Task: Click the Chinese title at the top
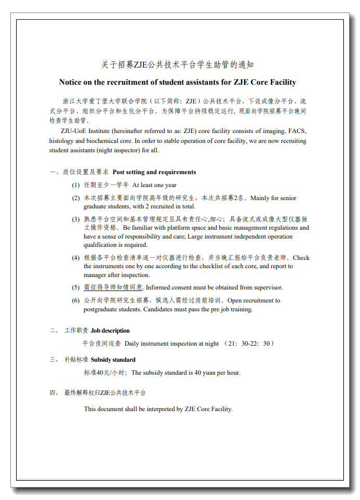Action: [x=178, y=65]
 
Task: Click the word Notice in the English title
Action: [x=71, y=82]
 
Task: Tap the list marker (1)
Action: [x=76, y=185]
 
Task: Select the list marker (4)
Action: [x=76, y=258]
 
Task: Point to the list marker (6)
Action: [x=76, y=300]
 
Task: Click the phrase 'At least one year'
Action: [x=154, y=185]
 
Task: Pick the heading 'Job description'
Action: [x=110, y=331]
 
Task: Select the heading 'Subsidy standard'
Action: [x=113, y=360]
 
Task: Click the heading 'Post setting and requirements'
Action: [x=154, y=172]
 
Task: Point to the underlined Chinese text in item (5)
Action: [x=113, y=287]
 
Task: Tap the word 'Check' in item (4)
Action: [x=301, y=258]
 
